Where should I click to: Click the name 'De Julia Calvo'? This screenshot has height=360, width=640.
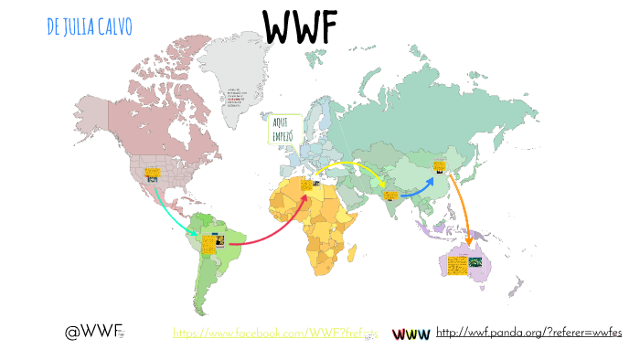[x=89, y=26]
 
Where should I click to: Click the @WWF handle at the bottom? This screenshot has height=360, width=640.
[x=94, y=332]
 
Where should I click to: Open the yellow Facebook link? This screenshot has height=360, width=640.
[x=275, y=334]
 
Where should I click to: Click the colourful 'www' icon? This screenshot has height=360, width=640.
[x=411, y=334]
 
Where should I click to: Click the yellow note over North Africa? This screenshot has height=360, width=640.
[x=305, y=185]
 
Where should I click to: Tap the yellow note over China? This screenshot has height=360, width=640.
[x=439, y=166]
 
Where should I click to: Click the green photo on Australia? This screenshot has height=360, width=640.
[x=475, y=262]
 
